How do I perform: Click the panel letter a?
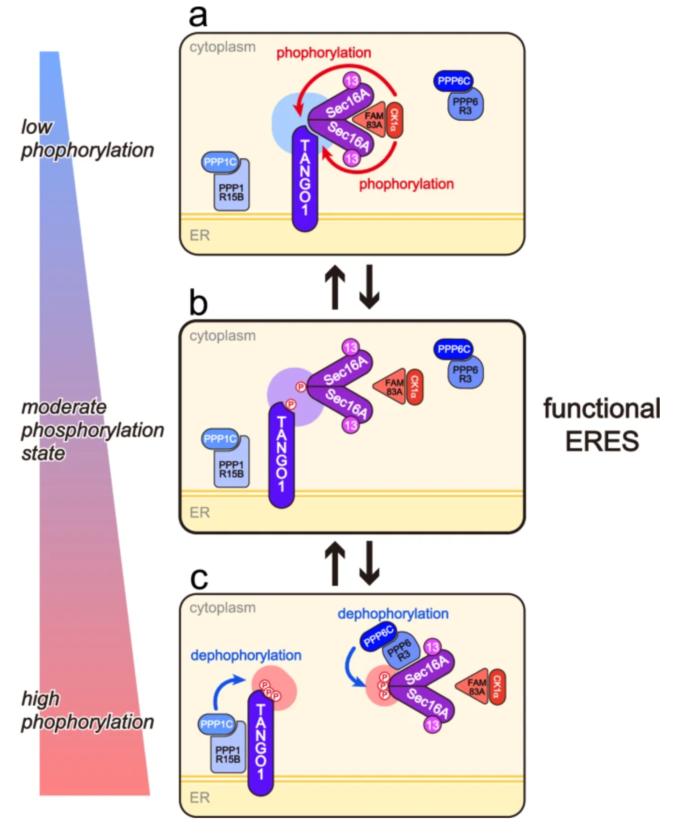pos(198,15)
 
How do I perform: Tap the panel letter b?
pos(198,303)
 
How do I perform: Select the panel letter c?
pos(199,578)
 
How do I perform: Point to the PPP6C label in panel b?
pos(454,349)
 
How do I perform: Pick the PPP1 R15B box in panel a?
pos(231,192)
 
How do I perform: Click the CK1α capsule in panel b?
pos(414,387)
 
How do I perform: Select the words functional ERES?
pos(602,424)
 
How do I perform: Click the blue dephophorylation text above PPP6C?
pos(393,613)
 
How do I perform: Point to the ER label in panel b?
pos(200,512)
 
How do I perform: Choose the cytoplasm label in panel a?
pos(223,47)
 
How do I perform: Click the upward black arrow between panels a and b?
pos(335,287)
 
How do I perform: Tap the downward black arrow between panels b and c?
pos(369,563)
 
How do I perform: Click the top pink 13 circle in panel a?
pos(352,81)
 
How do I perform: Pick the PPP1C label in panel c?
pos(216,724)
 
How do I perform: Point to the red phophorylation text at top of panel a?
pos(324,53)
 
